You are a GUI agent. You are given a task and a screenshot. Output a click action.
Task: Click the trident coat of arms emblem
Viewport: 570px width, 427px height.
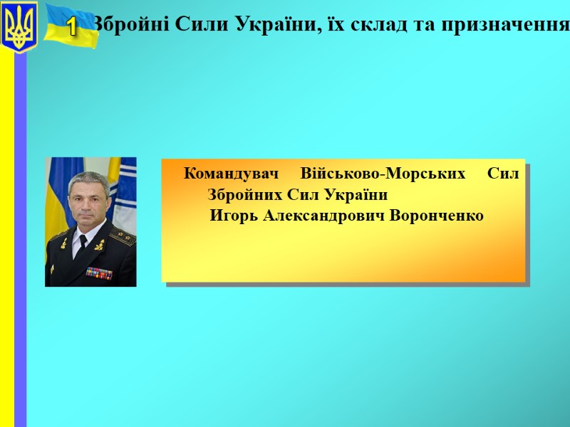coord(19,27)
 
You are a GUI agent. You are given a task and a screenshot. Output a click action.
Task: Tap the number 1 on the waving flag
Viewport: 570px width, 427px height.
coord(71,28)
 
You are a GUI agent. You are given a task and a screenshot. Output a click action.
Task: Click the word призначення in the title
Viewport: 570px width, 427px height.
coord(507,26)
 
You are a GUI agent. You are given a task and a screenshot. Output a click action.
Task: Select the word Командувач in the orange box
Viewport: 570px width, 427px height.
coord(231,173)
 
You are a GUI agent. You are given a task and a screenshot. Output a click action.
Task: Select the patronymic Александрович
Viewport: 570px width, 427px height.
coord(324,216)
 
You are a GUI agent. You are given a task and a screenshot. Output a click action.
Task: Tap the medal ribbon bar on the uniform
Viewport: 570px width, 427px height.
coord(99,271)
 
